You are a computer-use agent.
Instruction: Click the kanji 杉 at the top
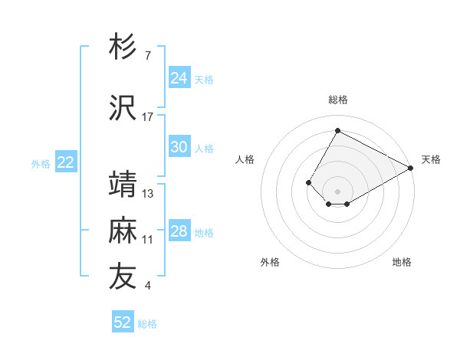[x=123, y=47]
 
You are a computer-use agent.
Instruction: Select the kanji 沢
[x=123, y=107]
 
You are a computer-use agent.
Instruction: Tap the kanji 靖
[x=123, y=185]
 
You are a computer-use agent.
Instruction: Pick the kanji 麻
[x=123, y=231]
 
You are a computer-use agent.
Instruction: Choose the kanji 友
[x=123, y=277]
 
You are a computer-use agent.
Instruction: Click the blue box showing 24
[x=179, y=78]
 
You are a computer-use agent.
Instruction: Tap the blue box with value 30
[x=179, y=147]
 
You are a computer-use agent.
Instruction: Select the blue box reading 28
[x=179, y=231]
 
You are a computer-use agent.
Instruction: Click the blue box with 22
[x=66, y=162]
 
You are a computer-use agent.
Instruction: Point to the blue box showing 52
[x=123, y=322]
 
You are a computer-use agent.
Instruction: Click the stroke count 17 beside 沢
[x=148, y=116]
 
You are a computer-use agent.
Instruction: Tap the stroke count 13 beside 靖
[x=148, y=193]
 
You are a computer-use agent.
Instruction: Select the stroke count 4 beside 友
[x=147, y=286]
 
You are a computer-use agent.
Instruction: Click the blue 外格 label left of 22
[x=41, y=163]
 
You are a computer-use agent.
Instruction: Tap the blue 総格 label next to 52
[x=147, y=324]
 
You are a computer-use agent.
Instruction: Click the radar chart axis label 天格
[x=431, y=159]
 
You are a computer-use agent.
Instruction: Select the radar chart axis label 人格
[x=245, y=159]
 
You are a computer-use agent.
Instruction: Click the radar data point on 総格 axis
[x=337, y=131]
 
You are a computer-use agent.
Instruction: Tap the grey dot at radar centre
[x=337, y=191]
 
